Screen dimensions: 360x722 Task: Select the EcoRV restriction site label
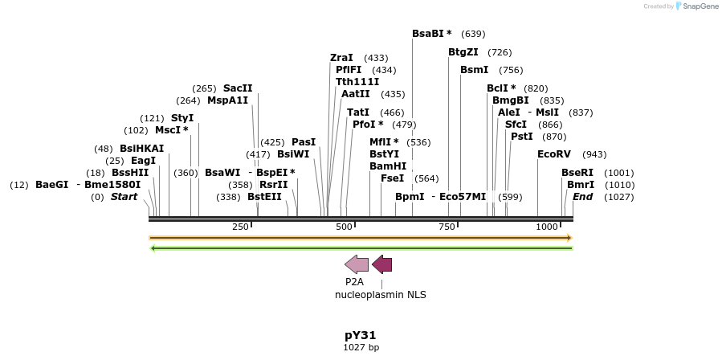tap(554, 154)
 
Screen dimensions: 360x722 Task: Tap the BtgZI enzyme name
tap(463, 52)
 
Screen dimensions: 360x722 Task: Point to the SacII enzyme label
tap(238, 88)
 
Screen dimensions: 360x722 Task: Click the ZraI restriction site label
tap(341, 58)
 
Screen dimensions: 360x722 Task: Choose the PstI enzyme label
tap(521, 137)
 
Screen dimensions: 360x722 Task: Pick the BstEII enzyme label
tap(264, 197)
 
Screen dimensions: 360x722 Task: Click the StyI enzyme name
tap(182, 118)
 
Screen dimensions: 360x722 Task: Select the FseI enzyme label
tap(392, 178)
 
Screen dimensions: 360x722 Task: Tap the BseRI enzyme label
tap(577, 173)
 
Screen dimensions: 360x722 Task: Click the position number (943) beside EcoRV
tap(594, 154)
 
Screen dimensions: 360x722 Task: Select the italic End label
tap(582, 197)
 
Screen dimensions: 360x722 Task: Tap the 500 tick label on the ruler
tap(345, 227)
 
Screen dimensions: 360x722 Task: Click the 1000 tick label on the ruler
tap(547, 227)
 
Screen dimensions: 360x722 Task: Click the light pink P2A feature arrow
tap(357, 264)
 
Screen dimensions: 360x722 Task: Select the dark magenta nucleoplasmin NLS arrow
tap(382, 264)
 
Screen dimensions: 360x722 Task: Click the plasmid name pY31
tap(361, 335)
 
